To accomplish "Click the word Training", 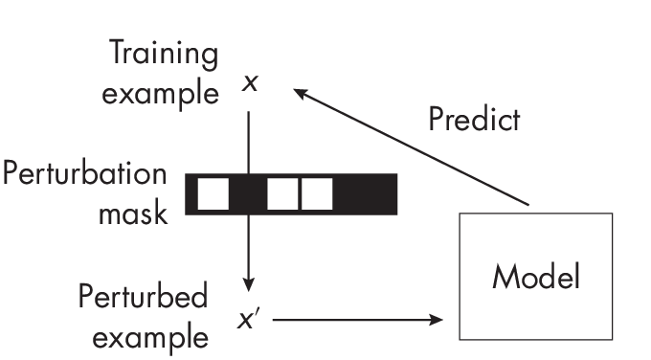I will point(162,54).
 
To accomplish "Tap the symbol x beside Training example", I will point(250,83).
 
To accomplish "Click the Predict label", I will point(474,120).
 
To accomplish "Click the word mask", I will point(133,213).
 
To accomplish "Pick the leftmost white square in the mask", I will point(213,194).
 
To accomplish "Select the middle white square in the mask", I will point(282,194).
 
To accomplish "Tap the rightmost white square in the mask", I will point(317,194).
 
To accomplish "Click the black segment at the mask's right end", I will point(366,194).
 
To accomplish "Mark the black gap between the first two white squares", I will point(248,194).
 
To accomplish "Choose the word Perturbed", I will point(144,297).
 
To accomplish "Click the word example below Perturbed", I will point(143,337).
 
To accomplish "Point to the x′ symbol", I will point(250,318).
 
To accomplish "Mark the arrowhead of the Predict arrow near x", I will point(300,93).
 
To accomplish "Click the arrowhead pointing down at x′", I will point(249,284).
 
